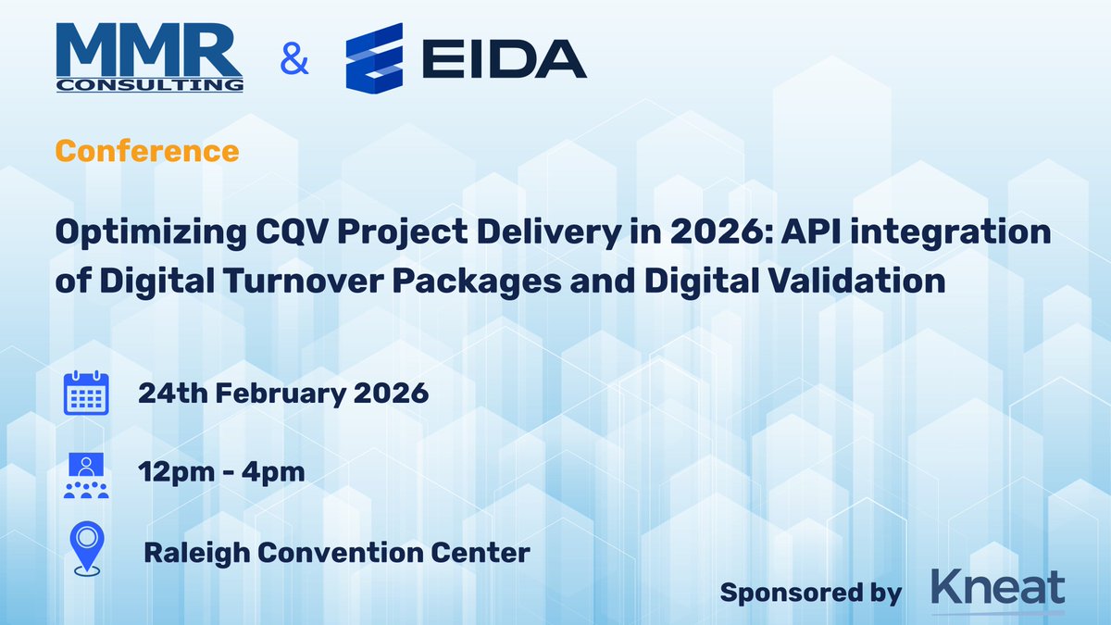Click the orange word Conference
coord(147,150)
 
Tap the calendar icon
coord(86,394)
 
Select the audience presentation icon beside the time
coord(86,475)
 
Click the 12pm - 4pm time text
coord(221,473)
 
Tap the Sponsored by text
coord(811,593)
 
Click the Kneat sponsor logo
coord(998,590)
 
